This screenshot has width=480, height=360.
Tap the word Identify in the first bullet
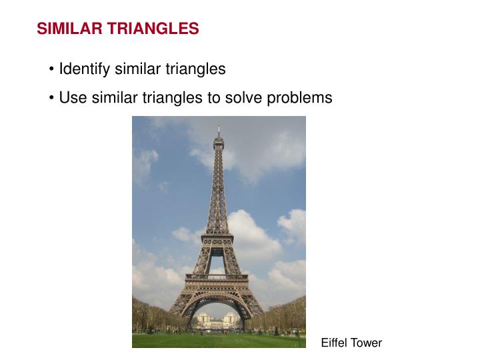point(85,69)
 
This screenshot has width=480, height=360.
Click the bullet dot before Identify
point(52,69)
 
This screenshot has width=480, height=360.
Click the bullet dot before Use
point(52,98)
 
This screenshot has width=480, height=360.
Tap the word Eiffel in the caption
point(334,343)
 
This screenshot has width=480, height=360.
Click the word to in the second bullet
point(213,97)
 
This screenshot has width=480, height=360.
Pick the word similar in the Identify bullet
point(138,69)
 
